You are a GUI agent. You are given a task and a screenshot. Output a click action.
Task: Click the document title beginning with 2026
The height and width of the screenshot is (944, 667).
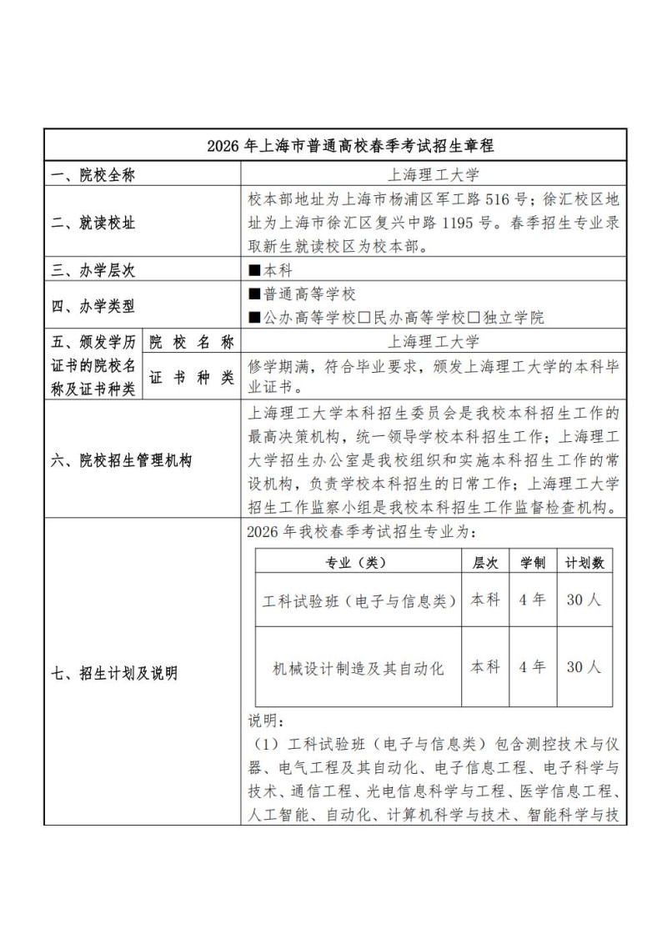click(350, 145)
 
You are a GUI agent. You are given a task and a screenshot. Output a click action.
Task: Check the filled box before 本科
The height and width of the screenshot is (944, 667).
click(254, 270)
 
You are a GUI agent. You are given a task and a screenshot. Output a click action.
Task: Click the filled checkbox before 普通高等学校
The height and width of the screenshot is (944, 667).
click(254, 294)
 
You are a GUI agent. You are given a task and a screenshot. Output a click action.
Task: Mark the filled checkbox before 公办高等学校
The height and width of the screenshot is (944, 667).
click(254, 318)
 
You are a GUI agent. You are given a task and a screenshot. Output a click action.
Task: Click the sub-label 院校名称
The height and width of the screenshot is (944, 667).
click(192, 342)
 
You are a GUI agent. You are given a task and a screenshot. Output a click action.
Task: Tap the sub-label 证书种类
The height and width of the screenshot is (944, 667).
click(192, 378)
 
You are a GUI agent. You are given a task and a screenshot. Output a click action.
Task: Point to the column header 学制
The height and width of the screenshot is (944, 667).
click(533, 563)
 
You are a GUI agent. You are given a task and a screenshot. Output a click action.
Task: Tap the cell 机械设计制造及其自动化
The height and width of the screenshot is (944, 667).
click(359, 667)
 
